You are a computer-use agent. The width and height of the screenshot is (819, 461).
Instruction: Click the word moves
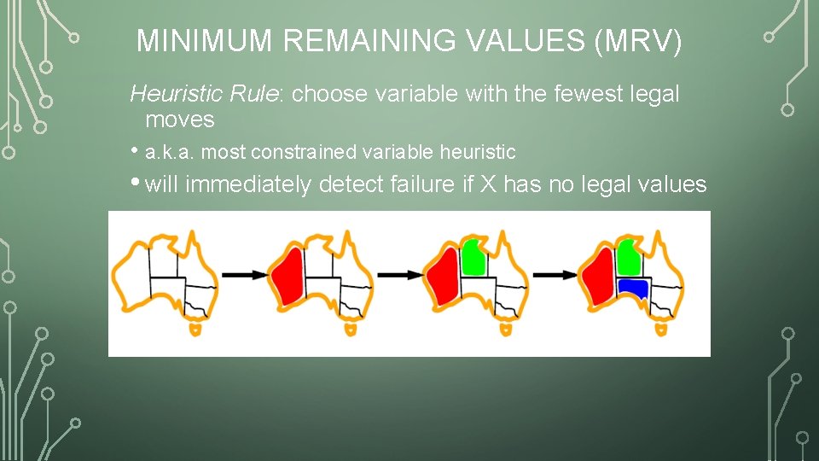pos(179,119)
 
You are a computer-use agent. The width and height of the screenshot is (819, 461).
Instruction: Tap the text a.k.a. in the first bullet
pos(170,153)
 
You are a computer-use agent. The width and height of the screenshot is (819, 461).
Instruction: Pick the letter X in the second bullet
pos(488,184)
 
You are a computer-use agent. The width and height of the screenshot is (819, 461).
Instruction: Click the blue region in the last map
pos(634,288)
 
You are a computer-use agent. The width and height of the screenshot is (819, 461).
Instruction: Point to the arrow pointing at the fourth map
pos(554,275)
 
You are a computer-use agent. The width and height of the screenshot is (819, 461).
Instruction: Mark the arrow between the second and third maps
pos(399,275)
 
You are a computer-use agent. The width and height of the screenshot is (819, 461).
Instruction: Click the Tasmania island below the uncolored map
pos(198,328)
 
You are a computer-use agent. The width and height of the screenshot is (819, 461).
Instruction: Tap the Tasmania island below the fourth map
pos(660,328)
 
